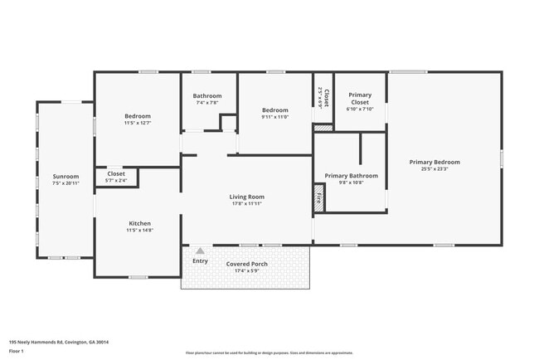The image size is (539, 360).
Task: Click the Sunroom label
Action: (x=66, y=176)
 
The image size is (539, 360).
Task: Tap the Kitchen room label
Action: (x=139, y=223)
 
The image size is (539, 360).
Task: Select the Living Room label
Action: (x=247, y=197)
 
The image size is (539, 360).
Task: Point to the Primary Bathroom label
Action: (x=351, y=176)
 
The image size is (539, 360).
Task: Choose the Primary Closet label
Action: (x=360, y=99)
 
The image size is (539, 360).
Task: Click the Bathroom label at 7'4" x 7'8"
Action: (x=207, y=95)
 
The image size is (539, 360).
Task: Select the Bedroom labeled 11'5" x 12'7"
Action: (x=138, y=115)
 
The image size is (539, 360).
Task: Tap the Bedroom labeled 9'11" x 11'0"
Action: (x=275, y=110)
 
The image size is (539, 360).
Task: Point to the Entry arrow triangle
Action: (x=200, y=250)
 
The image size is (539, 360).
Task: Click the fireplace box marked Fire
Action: (x=318, y=199)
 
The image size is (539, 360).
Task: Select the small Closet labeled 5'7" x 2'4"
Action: (x=116, y=173)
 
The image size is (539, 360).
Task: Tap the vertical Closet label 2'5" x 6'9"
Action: (x=325, y=99)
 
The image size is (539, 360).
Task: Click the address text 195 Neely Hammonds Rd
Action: (x=59, y=342)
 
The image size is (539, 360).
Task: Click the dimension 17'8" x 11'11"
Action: (x=247, y=203)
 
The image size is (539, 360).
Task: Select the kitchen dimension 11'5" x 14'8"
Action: (x=139, y=230)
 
